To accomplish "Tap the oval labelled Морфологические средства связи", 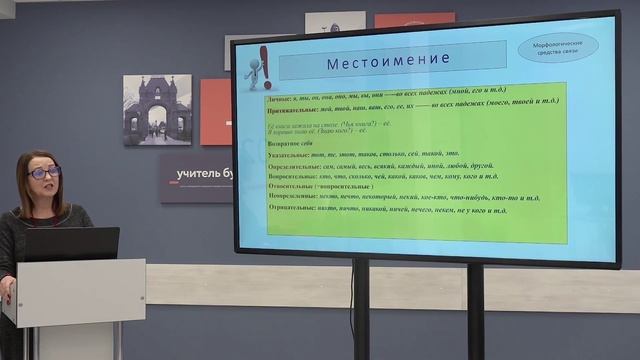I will pos(558,47).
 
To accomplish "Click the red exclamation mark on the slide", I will pos(265,65).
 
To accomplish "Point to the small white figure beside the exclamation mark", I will pos(253,73).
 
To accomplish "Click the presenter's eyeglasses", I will pos(44,173).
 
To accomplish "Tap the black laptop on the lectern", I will pos(71,243).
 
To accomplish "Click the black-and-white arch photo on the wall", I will pos(157,110).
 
